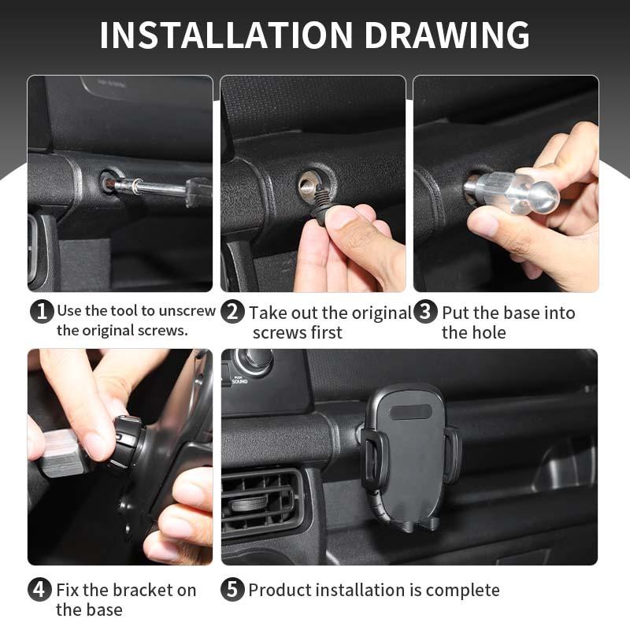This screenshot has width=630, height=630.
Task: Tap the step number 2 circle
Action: (233, 312)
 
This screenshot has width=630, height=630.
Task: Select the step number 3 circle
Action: (425, 312)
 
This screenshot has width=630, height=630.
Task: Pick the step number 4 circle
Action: (41, 590)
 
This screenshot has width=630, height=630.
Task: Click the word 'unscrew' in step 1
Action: (185, 310)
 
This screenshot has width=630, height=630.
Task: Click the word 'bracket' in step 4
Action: (142, 590)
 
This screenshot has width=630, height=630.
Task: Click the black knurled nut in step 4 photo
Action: (128, 441)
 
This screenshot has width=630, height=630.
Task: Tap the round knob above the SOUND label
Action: (253, 360)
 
